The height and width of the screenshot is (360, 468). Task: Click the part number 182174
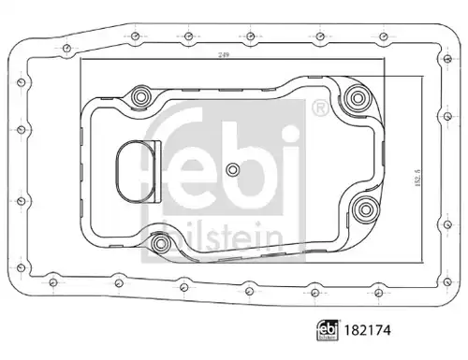pyautogui.click(x=367, y=330)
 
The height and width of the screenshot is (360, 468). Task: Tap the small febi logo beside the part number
pyautogui.click(x=328, y=330)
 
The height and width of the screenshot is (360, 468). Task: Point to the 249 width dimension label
pyautogui.click(x=224, y=55)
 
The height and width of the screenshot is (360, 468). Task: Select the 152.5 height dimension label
pyautogui.click(x=417, y=178)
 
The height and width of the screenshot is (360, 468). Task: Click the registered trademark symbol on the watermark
pyautogui.click(x=320, y=108)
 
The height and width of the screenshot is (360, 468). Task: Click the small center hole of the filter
pyautogui.click(x=232, y=169)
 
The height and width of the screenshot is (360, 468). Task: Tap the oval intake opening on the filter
pyautogui.click(x=136, y=171)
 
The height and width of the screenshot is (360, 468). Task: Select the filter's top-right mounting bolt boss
pyautogui.click(x=358, y=98)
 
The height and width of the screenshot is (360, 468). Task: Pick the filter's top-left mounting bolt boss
pyautogui.click(x=140, y=97)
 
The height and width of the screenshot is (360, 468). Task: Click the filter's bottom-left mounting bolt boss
pyautogui.click(x=160, y=242)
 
